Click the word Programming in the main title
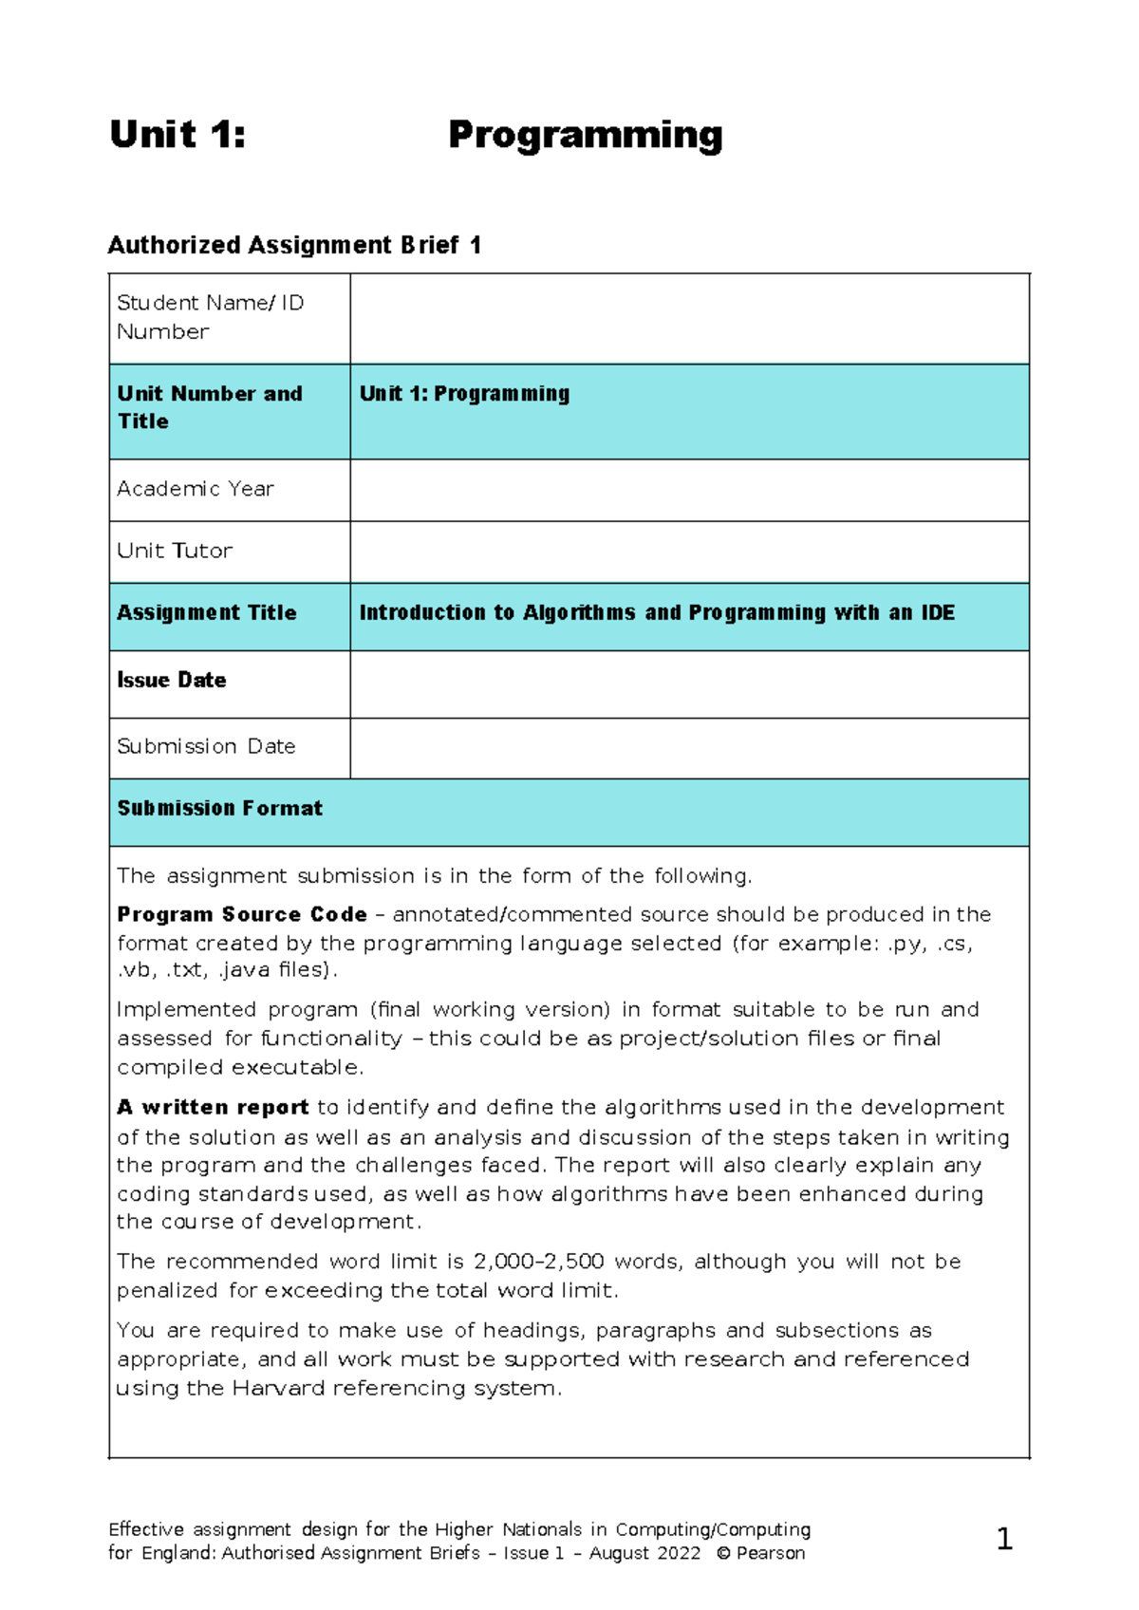point(585,136)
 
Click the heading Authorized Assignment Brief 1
point(294,246)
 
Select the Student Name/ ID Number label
point(210,317)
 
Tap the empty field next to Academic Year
point(689,490)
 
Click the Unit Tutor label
point(175,551)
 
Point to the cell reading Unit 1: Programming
point(464,394)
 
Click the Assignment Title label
point(206,613)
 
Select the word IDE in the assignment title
point(937,613)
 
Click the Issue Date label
point(171,681)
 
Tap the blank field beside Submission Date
point(689,748)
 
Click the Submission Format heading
point(219,809)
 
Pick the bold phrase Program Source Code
point(241,914)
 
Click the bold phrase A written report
point(213,1107)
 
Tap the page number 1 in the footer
point(1004,1539)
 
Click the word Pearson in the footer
point(770,1553)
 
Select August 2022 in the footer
point(644,1553)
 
